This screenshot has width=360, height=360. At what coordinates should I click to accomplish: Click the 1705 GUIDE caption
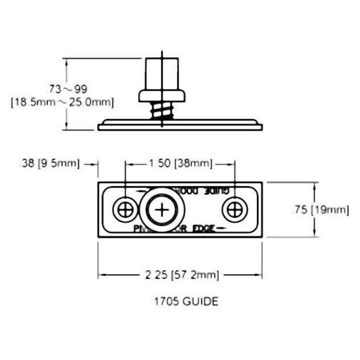click(x=186, y=301)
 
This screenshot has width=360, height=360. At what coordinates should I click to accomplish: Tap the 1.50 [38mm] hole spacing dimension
click(x=180, y=163)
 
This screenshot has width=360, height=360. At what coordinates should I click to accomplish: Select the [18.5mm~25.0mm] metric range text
click(x=62, y=102)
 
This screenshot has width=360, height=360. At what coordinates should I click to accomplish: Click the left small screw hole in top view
click(x=125, y=210)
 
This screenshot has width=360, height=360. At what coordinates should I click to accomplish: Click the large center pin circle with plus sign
click(x=162, y=210)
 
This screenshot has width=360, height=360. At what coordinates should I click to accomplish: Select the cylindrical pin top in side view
click(x=162, y=74)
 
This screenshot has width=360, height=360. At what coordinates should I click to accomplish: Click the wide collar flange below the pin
click(x=162, y=96)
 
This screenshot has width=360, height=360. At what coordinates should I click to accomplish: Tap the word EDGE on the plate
click(x=204, y=228)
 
